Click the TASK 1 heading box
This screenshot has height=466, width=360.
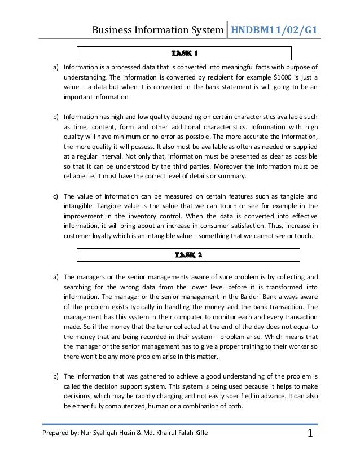(184, 54)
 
